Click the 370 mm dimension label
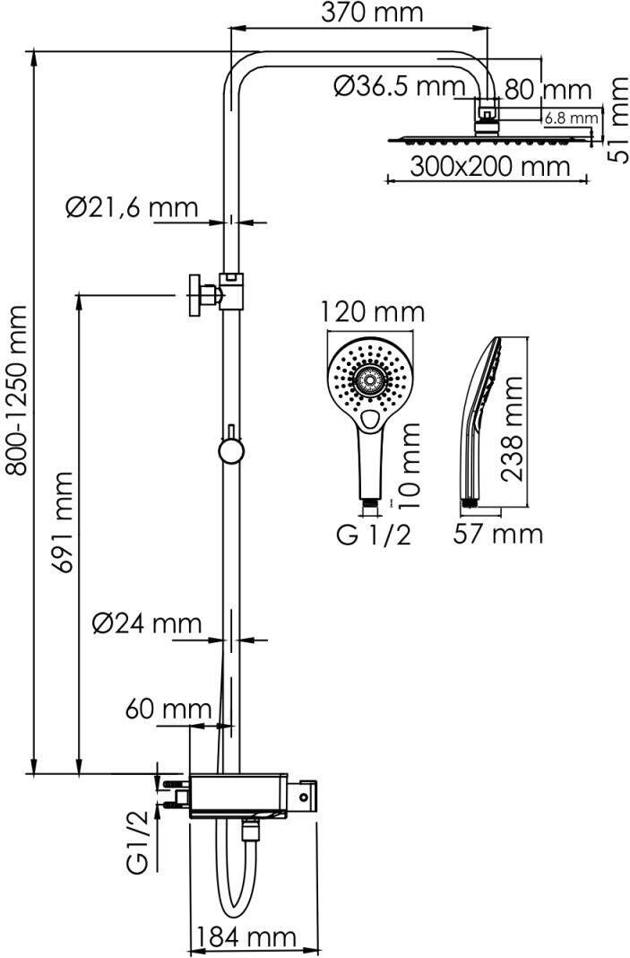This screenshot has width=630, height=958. coord(372,13)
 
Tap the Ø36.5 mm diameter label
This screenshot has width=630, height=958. coord(400,86)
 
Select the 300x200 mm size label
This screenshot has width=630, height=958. coord(489,166)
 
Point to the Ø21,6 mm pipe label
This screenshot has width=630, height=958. coord(132,208)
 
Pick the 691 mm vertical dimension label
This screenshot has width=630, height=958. coord(62,522)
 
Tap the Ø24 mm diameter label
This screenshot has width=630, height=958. coord(147,623)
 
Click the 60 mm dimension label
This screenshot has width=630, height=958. coord(168,710)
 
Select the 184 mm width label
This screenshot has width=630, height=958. coord(246,936)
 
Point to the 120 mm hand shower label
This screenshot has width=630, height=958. coord(373,312)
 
